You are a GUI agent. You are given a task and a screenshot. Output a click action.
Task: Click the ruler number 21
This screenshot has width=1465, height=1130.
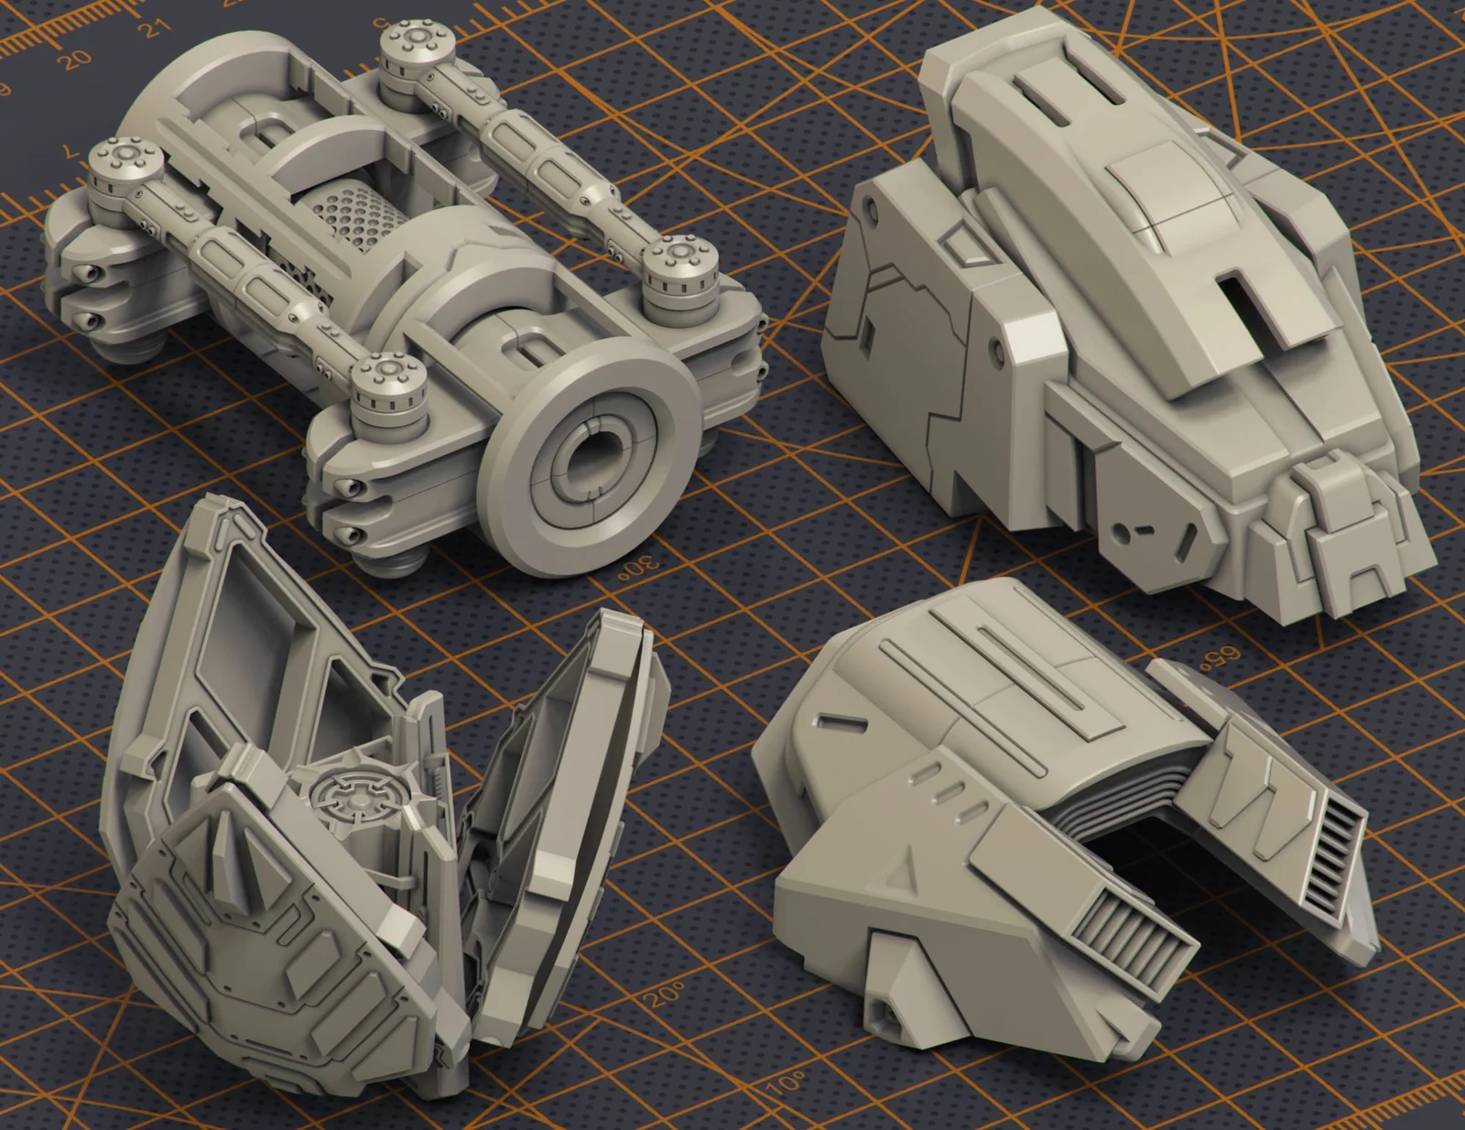click(x=157, y=27)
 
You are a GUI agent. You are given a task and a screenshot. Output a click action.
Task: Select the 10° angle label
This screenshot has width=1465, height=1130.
click(x=785, y=1083)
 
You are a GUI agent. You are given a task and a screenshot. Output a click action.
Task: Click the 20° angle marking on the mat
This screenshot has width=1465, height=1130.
click(x=667, y=993)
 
